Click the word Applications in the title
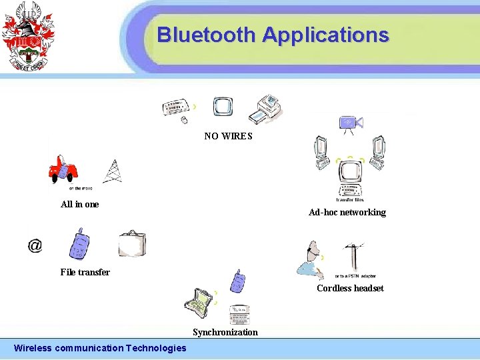(325, 35)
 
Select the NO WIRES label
(228, 136)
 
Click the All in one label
(79, 204)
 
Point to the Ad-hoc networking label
(347, 212)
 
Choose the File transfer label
(85, 272)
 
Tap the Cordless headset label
(350, 288)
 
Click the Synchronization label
(225, 332)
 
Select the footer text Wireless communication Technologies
(100, 347)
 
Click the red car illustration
(64, 170)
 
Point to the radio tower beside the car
(113, 172)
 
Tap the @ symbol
(35, 245)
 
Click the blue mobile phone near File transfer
(80, 244)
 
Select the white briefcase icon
(131, 244)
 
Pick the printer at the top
(267, 109)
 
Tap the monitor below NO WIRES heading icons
(223, 107)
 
